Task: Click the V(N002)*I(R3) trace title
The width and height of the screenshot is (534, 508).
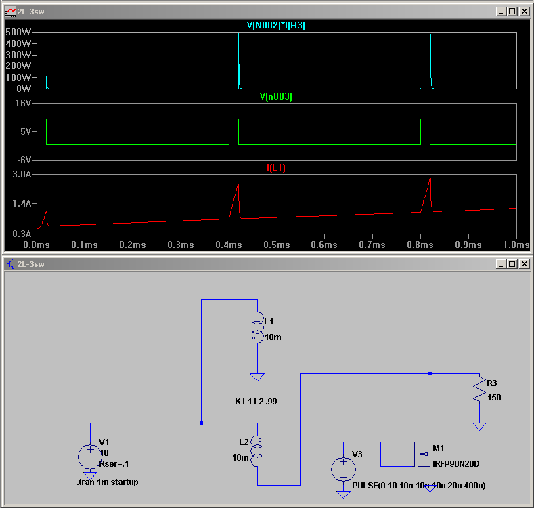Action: pos(276,26)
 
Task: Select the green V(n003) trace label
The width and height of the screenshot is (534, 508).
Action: pos(276,96)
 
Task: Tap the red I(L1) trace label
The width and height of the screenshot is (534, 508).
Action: pos(276,168)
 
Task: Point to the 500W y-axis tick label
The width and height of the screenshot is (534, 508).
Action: pos(18,32)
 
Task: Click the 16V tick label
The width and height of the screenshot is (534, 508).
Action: pos(23,103)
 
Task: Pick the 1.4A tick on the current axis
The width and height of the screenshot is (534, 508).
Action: pos(22,204)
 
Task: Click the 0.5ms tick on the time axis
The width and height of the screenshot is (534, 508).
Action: pos(277,245)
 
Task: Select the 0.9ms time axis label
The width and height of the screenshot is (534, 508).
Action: pos(468,245)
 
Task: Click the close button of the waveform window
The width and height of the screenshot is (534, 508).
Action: pos(525,12)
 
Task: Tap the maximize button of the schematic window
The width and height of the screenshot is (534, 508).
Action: pos(512,264)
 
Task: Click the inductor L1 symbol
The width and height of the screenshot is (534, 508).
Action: pos(258,326)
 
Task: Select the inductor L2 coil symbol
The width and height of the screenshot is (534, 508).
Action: pos(257,450)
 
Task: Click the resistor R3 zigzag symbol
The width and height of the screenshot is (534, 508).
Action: pos(479,389)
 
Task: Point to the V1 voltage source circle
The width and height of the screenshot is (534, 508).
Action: pos(90,457)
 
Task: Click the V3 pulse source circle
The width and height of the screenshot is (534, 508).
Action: pos(343,469)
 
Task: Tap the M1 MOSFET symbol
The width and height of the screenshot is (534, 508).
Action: pos(423,454)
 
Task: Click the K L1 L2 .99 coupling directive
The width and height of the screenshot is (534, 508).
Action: pos(256,401)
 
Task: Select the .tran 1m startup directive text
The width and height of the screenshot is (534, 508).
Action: pos(108,482)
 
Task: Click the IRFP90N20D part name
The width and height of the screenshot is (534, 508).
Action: pos(455,464)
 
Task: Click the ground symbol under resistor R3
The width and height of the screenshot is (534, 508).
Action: pos(479,426)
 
